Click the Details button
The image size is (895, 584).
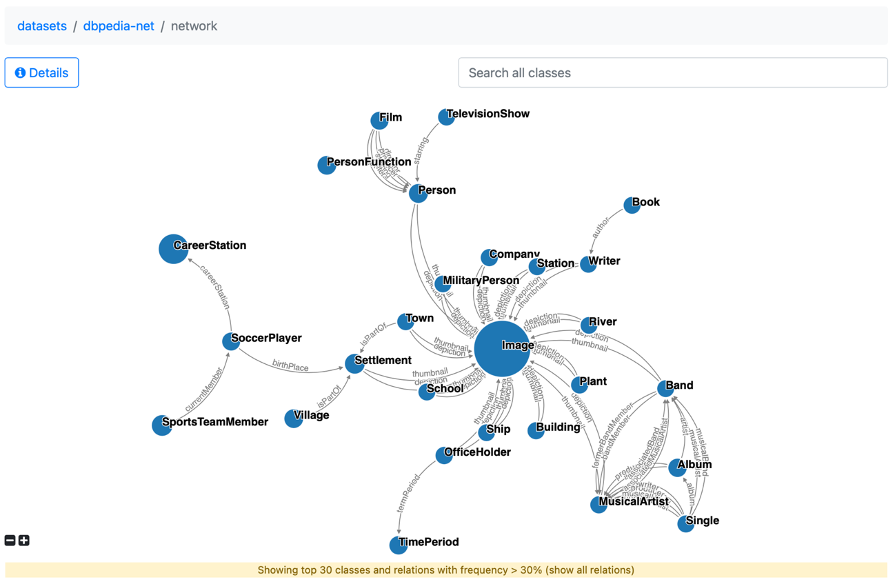[41, 72]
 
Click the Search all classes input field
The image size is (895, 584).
[672, 72]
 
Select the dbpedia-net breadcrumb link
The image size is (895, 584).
[119, 26]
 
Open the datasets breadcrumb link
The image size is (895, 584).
[42, 26]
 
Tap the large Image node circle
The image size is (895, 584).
[502, 348]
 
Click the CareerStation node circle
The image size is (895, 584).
[173, 248]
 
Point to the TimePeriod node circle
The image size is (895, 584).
[398, 545]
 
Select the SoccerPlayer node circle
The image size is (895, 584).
[231, 341]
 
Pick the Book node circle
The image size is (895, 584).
[631, 205]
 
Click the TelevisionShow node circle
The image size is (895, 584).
[446, 117]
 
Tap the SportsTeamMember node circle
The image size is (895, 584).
[161, 425]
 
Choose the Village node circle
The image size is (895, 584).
[293, 419]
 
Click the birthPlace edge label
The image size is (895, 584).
[290, 367]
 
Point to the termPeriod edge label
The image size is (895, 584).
[408, 493]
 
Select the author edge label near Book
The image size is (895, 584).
[601, 228]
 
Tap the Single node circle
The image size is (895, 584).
[685, 523]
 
